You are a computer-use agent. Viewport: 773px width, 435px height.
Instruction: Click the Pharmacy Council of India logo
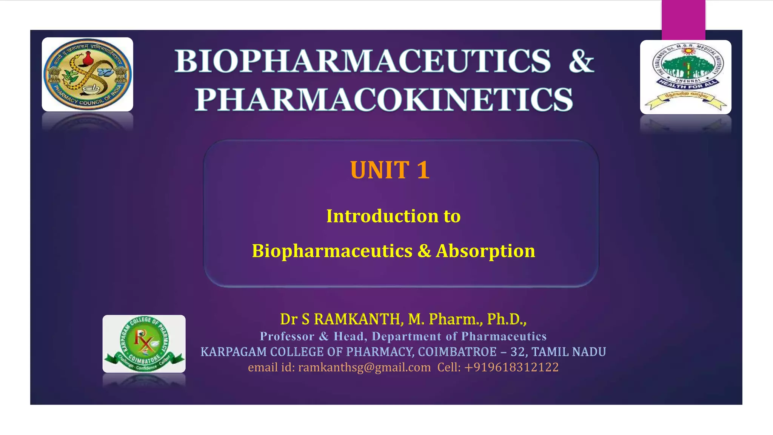click(87, 74)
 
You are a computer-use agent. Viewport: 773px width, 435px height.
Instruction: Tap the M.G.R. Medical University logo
click(685, 77)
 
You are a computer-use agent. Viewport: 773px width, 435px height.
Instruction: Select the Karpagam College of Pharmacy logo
click(144, 344)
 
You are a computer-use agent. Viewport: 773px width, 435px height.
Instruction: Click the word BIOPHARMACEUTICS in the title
click(363, 61)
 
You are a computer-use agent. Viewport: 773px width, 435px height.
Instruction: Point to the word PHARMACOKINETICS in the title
click(384, 99)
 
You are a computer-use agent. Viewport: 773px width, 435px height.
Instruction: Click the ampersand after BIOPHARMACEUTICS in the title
click(581, 61)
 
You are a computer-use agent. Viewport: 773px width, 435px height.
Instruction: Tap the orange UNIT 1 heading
click(390, 170)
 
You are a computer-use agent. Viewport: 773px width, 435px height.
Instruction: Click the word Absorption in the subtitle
click(485, 251)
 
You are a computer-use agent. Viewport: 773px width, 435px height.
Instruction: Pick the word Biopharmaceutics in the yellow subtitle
click(332, 251)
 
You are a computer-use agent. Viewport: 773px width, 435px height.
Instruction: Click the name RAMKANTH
click(357, 319)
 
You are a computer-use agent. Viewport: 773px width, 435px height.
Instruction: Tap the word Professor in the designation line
click(287, 336)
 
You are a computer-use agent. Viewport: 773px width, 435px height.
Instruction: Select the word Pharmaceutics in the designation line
click(504, 336)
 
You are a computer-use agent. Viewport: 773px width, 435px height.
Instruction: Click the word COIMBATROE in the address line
click(457, 352)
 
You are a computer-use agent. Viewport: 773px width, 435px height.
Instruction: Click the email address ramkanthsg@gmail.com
click(364, 367)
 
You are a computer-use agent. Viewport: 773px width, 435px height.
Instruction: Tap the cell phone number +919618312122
click(511, 367)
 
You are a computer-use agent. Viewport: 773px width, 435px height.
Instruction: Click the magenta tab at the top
click(683, 15)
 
